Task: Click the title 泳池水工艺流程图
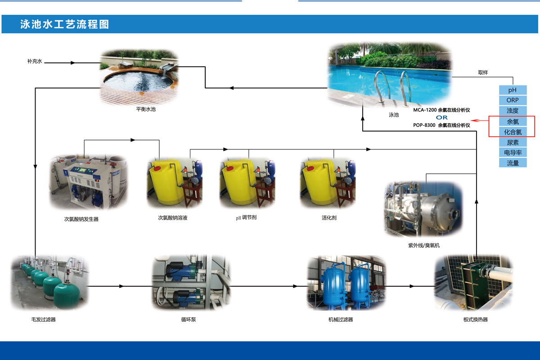65,24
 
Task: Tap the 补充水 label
35,61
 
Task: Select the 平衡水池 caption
146,109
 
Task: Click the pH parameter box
513,90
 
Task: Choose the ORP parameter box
513,100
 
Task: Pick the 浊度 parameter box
513,111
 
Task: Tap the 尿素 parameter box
513,142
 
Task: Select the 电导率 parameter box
513,153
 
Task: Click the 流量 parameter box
513,163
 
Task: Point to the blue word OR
441,117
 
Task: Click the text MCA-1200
425,110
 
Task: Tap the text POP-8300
424,125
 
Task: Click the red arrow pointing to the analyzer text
480,120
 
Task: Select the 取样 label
483,72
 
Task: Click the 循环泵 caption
189,319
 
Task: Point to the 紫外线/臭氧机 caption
424,245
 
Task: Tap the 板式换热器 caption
475,319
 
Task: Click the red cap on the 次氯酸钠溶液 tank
157,168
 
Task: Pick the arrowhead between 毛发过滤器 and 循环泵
121,286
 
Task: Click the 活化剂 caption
329,218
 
